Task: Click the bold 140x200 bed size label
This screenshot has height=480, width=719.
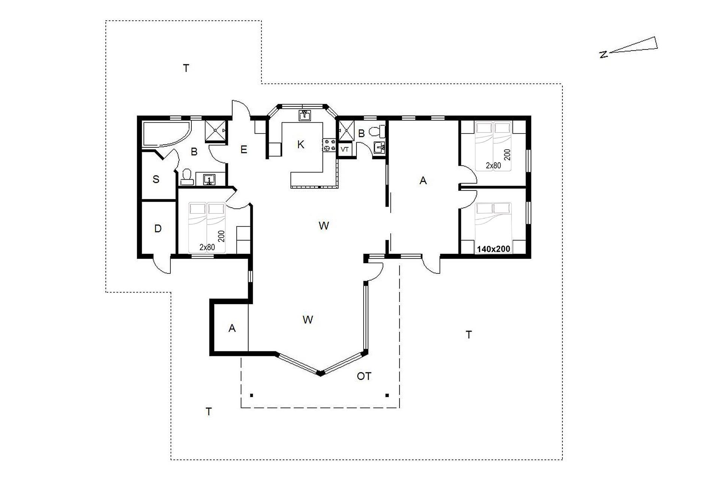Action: (493, 249)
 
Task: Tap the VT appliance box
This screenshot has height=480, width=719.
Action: (345, 149)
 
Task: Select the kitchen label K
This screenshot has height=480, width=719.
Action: (301, 145)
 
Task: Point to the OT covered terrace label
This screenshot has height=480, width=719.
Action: (364, 376)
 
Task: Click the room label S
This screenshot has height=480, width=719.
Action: (156, 179)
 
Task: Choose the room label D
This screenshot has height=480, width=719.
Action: (158, 228)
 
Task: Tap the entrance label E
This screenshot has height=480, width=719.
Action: (244, 150)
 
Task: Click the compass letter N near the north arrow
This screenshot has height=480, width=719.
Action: (603, 55)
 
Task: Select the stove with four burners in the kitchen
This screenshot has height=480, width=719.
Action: (330, 145)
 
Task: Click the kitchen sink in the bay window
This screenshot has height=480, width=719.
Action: (306, 115)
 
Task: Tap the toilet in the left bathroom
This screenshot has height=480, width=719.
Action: (186, 177)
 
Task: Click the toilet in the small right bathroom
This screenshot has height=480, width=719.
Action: (376, 131)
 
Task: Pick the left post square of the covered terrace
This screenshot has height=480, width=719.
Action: (252, 395)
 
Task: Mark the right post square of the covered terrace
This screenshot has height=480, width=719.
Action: (387, 395)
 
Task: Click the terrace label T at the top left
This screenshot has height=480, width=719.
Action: (186, 68)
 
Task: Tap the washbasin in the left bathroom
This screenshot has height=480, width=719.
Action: (209, 180)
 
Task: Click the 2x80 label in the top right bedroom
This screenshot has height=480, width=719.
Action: (493, 165)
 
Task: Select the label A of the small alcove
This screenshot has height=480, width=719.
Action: (232, 328)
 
